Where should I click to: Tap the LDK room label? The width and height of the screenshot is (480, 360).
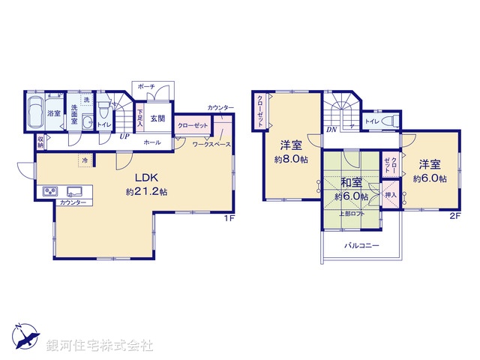point(145,178)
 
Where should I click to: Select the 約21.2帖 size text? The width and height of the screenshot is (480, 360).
point(146,192)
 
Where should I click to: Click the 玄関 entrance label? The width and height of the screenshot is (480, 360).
point(157,118)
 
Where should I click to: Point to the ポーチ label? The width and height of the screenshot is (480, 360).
point(146,87)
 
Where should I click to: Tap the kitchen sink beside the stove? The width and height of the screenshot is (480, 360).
point(74,191)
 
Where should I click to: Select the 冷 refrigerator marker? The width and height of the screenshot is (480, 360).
point(85,160)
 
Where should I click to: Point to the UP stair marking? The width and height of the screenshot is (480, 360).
point(121,136)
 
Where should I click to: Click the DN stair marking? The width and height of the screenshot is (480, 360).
point(331,130)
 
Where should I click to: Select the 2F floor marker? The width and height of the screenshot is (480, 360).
point(454,217)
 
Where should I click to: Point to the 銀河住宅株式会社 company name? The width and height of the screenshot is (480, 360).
point(100,346)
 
